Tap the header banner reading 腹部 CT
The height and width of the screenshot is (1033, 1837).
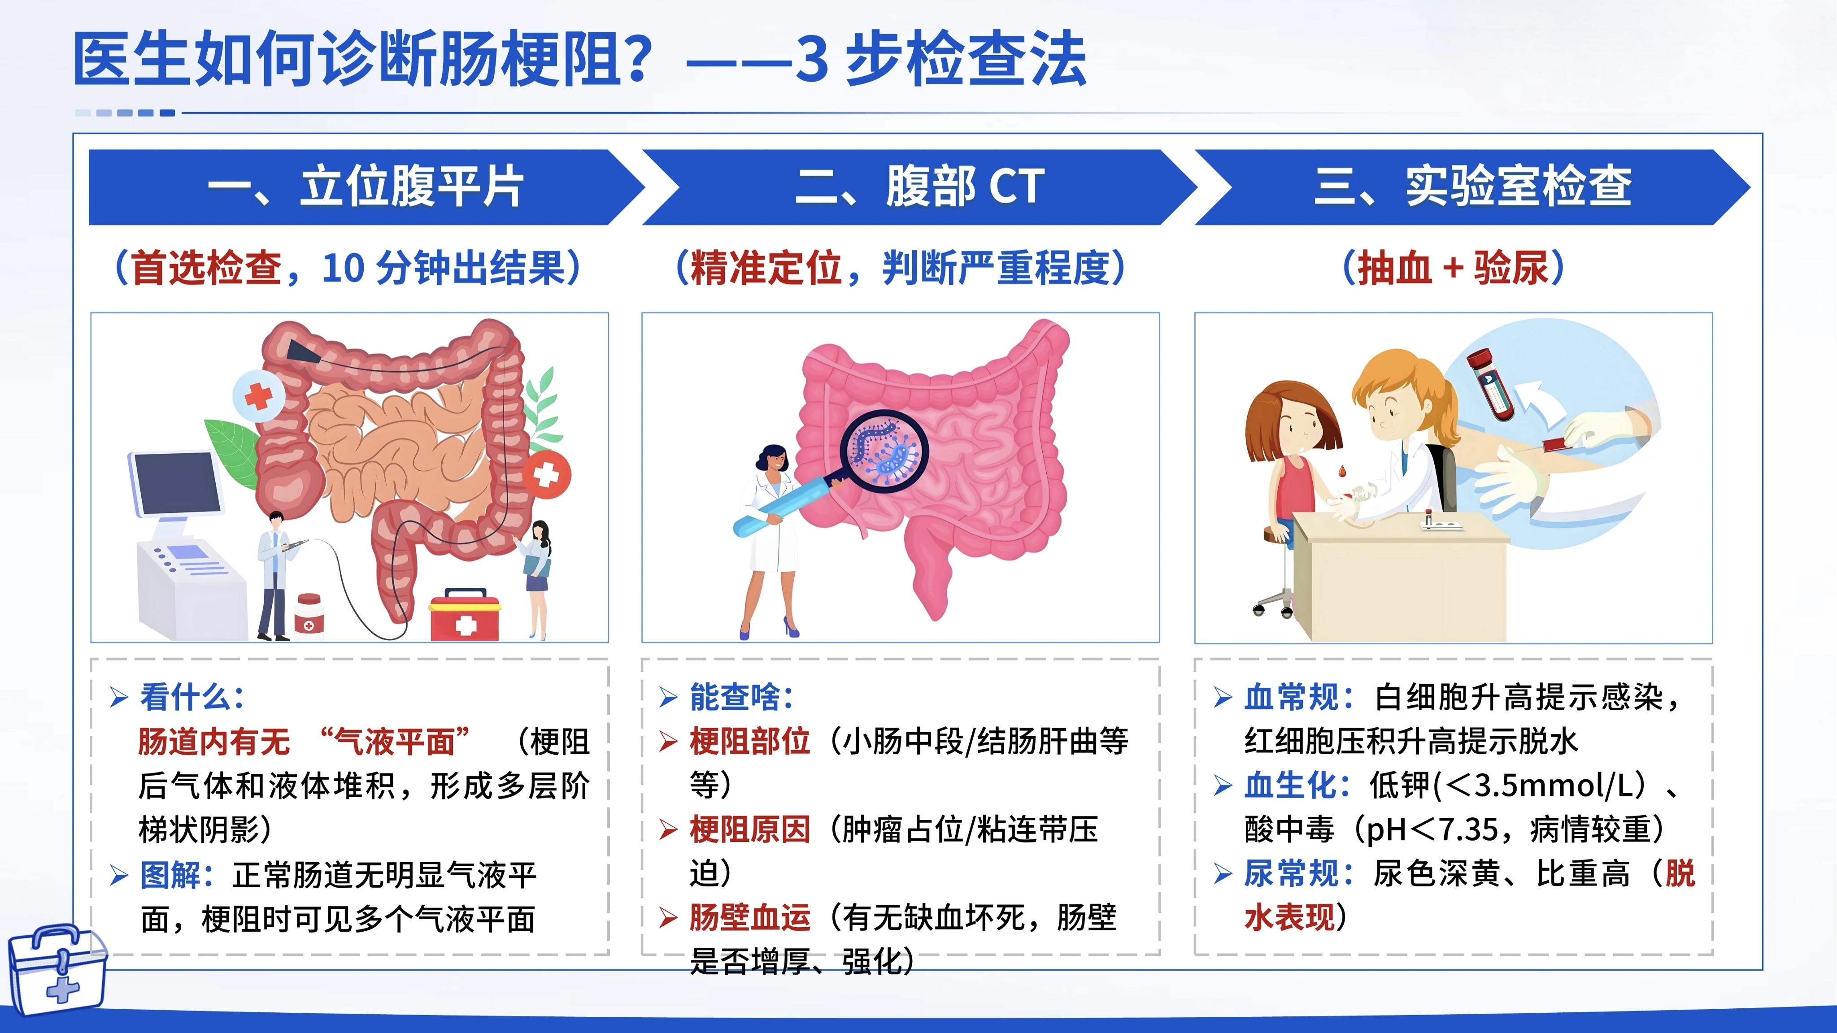[920, 187]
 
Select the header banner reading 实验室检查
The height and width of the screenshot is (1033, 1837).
[1472, 187]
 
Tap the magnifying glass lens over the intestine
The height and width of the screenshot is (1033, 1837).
[884, 451]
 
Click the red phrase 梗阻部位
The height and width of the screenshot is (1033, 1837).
[749, 742]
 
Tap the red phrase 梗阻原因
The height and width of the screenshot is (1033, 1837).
[749, 829]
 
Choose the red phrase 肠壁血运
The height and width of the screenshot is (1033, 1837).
[749, 917]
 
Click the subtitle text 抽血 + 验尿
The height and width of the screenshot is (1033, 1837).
[1454, 268]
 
